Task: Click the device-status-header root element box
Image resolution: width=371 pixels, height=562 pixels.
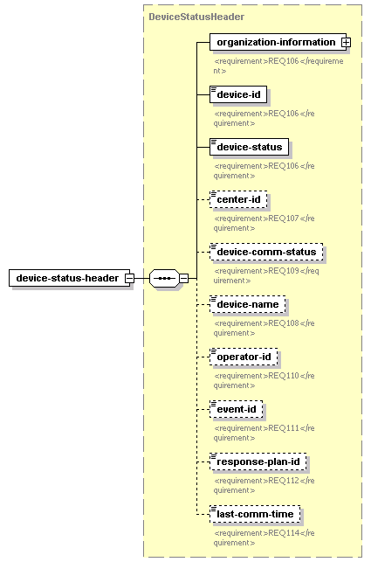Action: tap(70, 278)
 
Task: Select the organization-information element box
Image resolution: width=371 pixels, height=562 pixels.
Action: tap(278, 42)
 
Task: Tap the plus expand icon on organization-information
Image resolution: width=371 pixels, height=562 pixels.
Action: tap(346, 42)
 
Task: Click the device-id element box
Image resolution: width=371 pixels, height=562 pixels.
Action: tap(238, 94)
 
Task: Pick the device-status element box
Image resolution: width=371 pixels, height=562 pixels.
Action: tap(250, 147)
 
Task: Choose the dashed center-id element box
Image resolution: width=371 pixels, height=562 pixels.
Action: tap(238, 199)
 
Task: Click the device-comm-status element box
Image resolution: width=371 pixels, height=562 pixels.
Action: tap(266, 252)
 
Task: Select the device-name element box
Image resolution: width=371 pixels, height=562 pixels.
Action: tap(247, 304)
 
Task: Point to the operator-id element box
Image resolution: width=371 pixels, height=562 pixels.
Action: tap(244, 357)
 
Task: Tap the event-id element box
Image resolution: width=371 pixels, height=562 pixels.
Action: tap(237, 409)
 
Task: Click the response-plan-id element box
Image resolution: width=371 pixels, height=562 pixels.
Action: tap(258, 461)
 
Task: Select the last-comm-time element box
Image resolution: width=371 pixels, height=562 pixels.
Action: tap(255, 514)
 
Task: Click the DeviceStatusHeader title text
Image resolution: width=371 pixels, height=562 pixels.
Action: tap(196, 17)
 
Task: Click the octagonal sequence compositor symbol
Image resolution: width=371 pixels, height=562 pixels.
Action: tap(164, 278)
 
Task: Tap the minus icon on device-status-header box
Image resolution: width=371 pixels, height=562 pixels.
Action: tap(130, 278)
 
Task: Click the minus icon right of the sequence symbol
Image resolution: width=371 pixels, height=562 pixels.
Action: tap(183, 278)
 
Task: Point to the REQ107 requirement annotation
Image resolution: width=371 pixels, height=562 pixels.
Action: tap(264, 223)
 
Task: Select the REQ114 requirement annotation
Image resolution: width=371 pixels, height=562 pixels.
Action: tap(264, 538)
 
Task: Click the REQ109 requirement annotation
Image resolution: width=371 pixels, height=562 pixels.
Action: tap(266, 275)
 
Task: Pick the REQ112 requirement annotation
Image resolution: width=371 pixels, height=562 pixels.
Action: tap(264, 485)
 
